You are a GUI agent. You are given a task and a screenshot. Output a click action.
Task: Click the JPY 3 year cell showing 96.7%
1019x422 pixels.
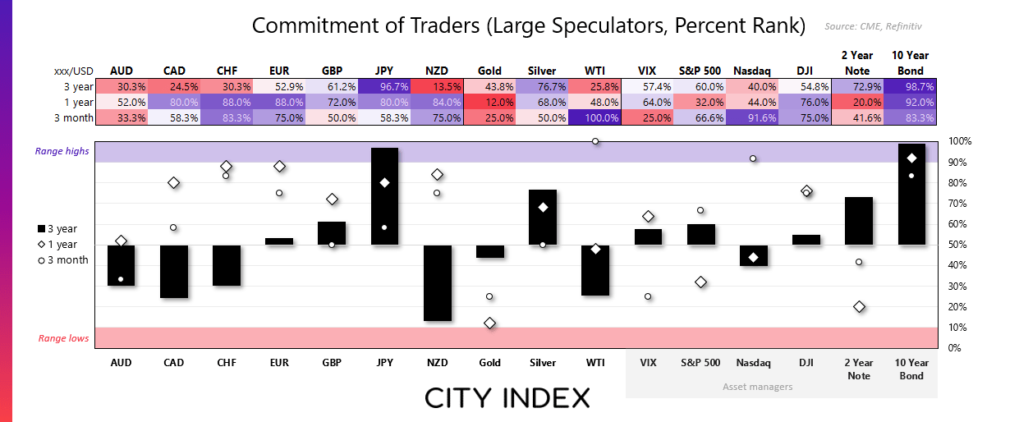click(x=384, y=86)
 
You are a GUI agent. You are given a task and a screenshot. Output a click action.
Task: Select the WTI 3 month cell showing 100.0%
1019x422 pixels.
click(x=595, y=117)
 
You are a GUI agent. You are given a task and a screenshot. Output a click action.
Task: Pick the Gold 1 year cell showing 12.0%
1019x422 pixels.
click(x=489, y=102)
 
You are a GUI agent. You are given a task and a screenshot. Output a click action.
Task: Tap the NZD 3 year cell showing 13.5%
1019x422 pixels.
click(x=437, y=86)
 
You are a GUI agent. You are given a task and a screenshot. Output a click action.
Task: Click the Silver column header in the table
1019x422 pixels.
click(x=543, y=71)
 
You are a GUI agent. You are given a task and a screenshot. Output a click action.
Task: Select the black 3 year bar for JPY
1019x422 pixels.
click(x=384, y=195)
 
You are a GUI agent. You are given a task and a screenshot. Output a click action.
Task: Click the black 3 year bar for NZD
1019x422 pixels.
click(x=437, y=282)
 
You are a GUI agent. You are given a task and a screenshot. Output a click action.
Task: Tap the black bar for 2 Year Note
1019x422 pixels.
click(x=859, y=220)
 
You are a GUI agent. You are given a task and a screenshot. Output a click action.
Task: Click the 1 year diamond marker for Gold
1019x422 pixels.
click(x=489, y=323)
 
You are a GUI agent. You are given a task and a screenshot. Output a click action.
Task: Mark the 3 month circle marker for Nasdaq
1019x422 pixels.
click(x=753, y=158)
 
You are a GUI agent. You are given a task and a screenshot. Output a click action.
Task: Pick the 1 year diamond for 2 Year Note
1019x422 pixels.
click(x=859, y=307)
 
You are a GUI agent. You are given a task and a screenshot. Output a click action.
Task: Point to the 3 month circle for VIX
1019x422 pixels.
click(x=648, y=296)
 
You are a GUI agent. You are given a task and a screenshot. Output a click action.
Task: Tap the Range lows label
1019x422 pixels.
click(x=63, y=338)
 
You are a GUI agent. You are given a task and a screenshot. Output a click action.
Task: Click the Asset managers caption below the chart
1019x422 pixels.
click(x=758, y=386)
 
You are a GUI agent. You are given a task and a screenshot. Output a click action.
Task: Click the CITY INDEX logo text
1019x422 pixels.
click(x=507, y=399)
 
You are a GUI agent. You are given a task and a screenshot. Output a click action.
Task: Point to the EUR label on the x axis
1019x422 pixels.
click(x=279, y=362)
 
